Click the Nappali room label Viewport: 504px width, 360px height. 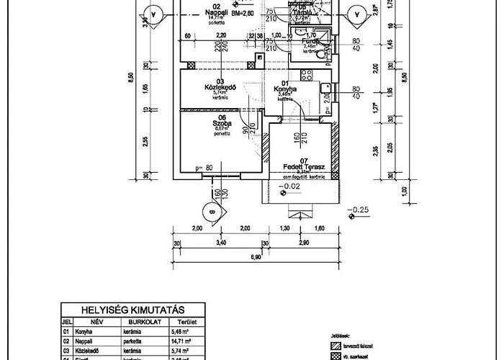click(212, 13)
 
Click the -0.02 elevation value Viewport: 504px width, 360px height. click(292, 186)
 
